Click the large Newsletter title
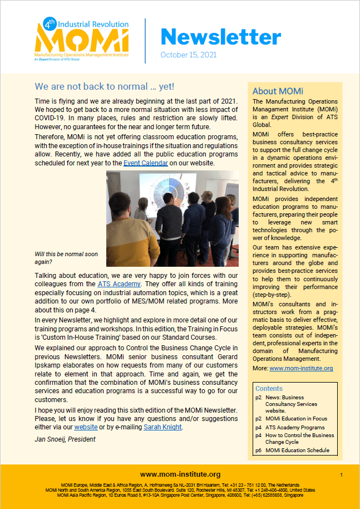tap(220, 37)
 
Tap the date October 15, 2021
tap(188, 55)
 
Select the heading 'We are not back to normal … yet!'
tap(104, 87)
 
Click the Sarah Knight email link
tap(163, 427)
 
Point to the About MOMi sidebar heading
tap(278, 91)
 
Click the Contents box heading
tap(269, 389)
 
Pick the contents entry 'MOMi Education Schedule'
tap(297, 450)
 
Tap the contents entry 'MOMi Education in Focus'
tap(296, 418)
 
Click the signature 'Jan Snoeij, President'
tap(65, 439)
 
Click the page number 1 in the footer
tap(341, 474)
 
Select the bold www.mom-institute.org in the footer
tap(180, 474)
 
